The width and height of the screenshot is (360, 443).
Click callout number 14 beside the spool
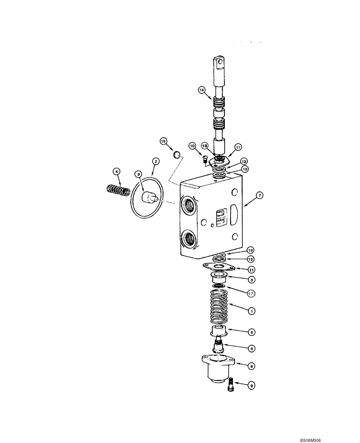202,90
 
